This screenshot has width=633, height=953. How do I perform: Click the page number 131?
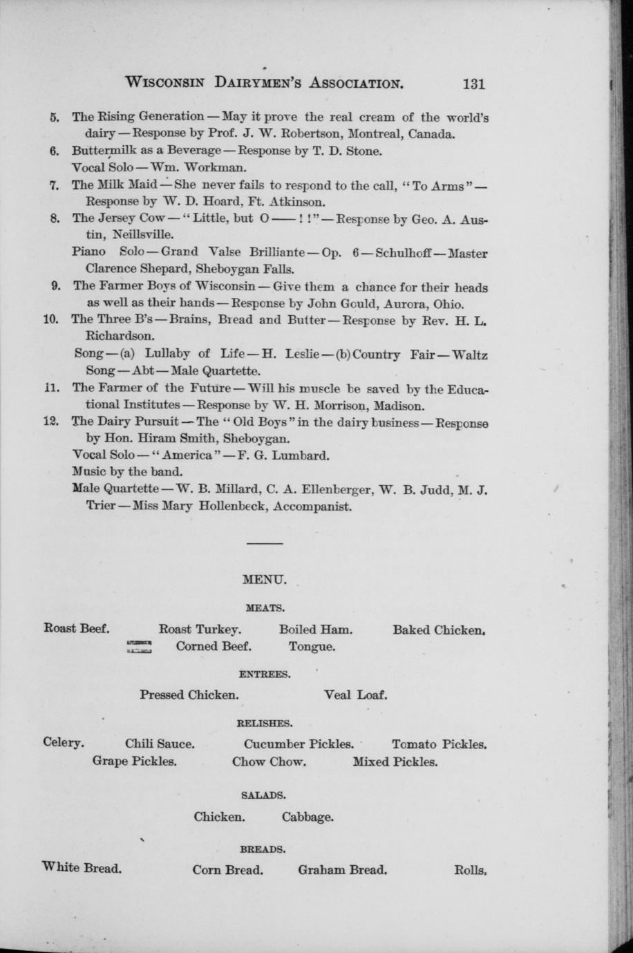click(x=474, y=84)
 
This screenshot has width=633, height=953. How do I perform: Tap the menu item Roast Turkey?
click(x=200, y=630)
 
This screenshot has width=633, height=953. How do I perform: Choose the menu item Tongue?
click(x=312, y=647)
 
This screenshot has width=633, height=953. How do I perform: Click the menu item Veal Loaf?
click(x=355, y=695)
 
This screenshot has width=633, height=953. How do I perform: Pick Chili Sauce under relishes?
click(x=160, y=744)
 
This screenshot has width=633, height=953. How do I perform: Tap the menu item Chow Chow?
click(x=270, y=762)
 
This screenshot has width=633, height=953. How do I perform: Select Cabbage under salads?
click(x=308, y=817)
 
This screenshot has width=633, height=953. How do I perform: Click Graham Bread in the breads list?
click(x=342, y=869)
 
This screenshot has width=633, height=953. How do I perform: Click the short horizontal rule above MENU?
click(x=265, y=544)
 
